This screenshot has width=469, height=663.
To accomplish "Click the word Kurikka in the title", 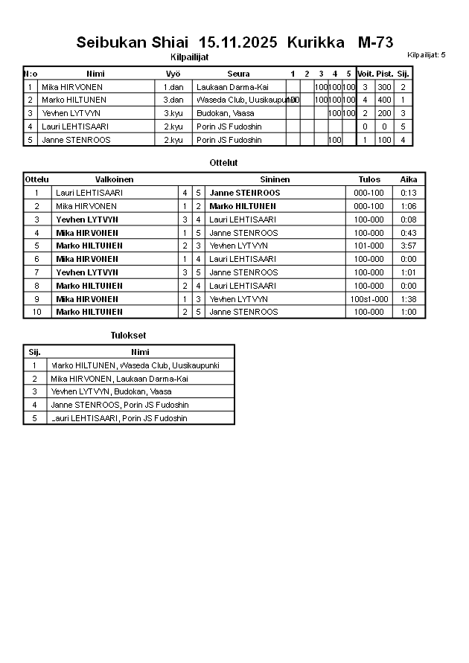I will [316, 42].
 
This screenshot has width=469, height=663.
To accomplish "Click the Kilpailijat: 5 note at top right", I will [427, 55].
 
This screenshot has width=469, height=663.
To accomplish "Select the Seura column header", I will [238, 74].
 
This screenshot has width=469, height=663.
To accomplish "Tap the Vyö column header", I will [173, 74].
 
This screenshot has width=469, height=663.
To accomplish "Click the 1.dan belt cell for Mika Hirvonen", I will [173, 87].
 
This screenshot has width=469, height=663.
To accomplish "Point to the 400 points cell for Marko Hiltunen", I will [384, 100].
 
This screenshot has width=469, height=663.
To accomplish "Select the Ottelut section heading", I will [224, 162].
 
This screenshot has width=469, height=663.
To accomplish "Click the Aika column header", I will [409, 179].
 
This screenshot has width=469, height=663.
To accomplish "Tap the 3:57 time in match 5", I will [409, 246].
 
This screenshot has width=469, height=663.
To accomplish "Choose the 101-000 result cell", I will [369, 246].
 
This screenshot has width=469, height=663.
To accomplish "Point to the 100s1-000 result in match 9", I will [369, 298].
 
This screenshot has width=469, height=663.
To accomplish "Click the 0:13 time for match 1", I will [409, 193].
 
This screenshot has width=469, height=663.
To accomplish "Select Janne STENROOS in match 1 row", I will [245, 193].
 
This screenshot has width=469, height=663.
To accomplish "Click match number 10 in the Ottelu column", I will [36, 312].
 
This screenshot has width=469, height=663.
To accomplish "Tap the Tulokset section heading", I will [128, 336].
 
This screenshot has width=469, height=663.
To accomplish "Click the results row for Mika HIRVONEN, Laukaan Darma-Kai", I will [119, 379].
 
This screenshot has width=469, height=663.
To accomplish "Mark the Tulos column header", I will [369, 179].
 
